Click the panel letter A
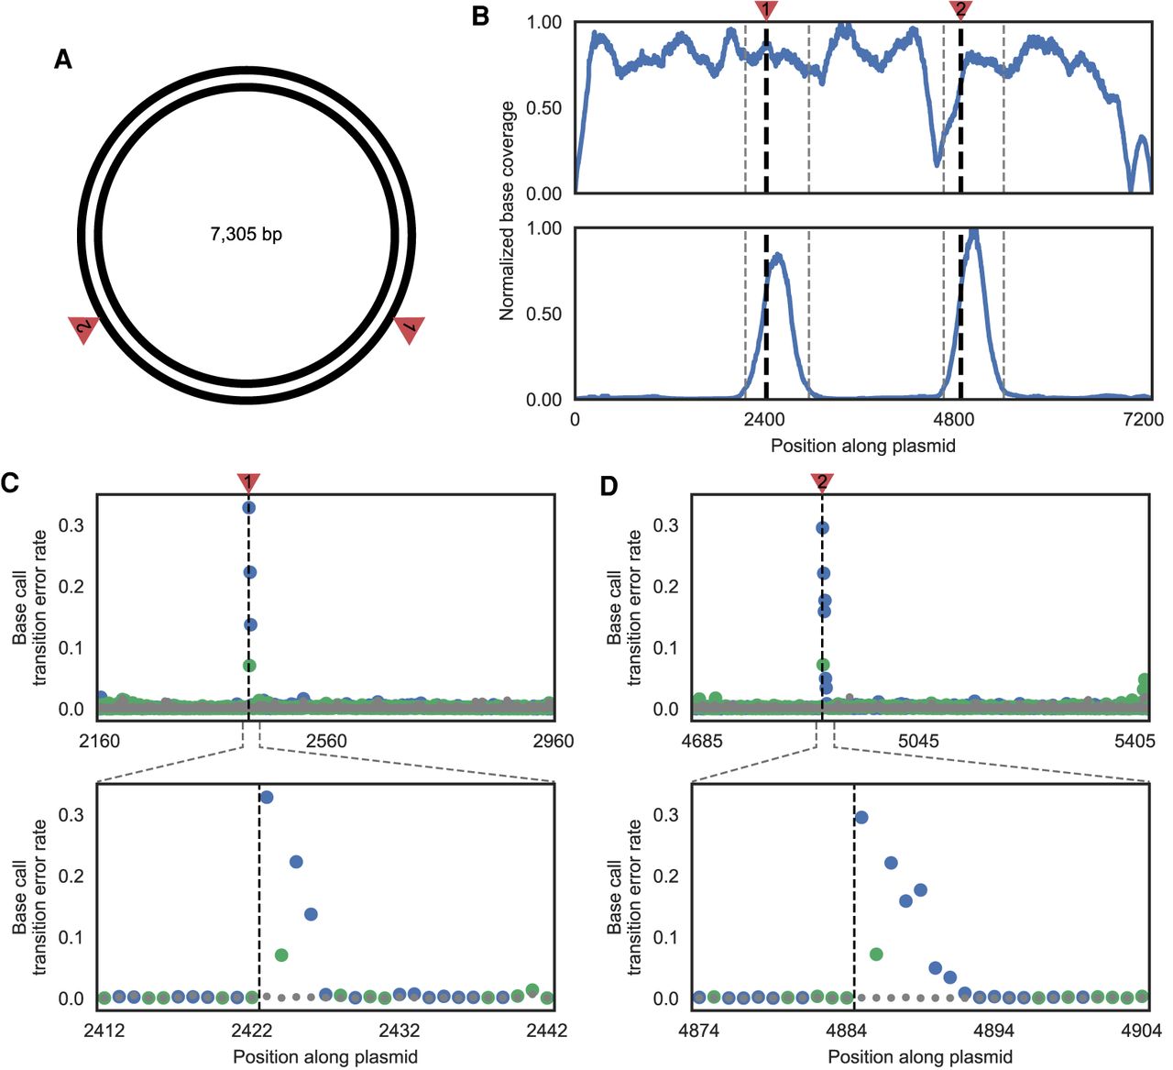click(63, 60)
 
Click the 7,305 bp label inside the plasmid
click(246, 235)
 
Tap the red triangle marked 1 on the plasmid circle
click(409, 328)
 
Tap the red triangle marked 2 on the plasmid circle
click(83, 328)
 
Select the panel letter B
click(480, 16)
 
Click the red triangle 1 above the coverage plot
click(767, 9)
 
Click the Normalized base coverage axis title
click(507, 211)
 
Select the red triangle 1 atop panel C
click(248, 482)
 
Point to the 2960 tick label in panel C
click(552, 741)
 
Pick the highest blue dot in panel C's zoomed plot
click(267, 798)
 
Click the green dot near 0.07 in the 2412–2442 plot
click(281, 955)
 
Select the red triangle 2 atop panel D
click(822, 482)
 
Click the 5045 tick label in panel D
click(918, 741)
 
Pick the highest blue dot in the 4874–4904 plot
click(861, 818)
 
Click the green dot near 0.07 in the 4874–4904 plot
click(876, 954)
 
